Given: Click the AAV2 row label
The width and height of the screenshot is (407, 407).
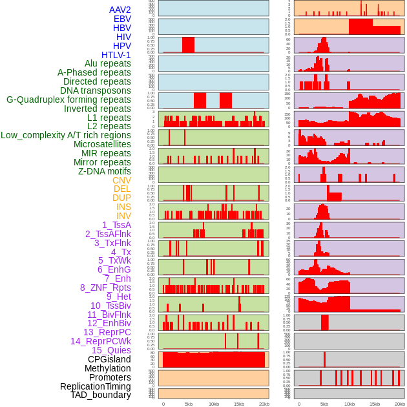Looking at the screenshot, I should click(120, 10).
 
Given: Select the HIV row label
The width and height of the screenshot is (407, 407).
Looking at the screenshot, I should click(123, 37).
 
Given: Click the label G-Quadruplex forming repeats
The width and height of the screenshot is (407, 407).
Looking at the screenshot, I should click(68, 99).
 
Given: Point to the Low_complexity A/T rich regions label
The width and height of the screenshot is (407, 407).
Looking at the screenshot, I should click(66, 135).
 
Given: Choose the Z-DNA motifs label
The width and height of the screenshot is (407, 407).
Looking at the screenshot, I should click(105, 171).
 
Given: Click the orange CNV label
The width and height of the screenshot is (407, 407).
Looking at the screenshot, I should click(121, 180).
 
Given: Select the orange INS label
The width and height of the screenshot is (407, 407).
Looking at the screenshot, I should click(123, 207).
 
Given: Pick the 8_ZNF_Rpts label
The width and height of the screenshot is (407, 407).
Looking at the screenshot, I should click(105, 287).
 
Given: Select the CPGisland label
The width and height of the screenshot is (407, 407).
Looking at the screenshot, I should click(109, 359).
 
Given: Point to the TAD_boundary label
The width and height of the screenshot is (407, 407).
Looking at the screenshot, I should click(101, 395).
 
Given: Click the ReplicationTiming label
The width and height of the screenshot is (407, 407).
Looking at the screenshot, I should click(96, 386).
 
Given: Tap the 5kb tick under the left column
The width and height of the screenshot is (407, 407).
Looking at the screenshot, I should click(189, 404).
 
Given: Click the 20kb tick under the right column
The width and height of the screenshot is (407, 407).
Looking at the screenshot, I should click(400, 404).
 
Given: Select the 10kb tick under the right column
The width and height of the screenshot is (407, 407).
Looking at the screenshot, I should click(350, 404).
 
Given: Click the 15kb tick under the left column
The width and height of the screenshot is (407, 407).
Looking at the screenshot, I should click(239, 404).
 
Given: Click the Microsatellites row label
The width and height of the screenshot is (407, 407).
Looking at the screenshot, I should click(102, 144).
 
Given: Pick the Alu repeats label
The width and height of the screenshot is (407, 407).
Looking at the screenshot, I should click(108, 63).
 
